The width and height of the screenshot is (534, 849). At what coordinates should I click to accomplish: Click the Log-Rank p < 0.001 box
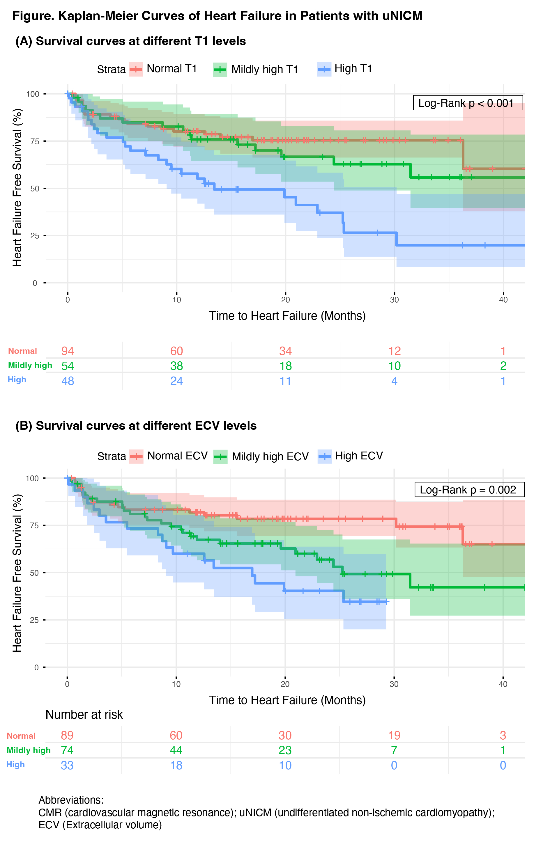click(x=467, y=103)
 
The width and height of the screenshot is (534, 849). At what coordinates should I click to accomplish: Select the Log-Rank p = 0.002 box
click(x=469, y=490)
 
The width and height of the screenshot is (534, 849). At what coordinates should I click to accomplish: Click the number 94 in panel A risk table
click(x=68, y=351)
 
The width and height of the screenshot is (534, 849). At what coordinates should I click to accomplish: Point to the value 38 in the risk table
click(x=176, y=366)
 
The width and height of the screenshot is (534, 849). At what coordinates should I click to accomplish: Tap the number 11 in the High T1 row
click(x=285, y=381)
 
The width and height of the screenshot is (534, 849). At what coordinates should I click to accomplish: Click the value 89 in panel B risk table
click(x=67, y=736)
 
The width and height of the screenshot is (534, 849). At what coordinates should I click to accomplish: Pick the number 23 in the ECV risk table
click(x=285, y=750)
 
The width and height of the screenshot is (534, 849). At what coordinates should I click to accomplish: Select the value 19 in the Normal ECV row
click(x=394, y=736)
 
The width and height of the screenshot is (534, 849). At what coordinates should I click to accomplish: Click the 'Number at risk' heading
click(x=84, y=715)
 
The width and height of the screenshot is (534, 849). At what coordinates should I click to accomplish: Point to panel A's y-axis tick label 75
click(x=35, y=141)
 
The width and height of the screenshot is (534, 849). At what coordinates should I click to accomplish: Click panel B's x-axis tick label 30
click(x=394, y=684)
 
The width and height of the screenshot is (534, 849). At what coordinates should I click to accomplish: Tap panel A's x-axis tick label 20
click(x=285, y=300)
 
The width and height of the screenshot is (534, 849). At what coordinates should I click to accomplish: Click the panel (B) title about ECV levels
click(x=136, y=426)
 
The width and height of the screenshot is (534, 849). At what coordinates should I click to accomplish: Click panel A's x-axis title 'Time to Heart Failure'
click(x=287, y=316)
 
